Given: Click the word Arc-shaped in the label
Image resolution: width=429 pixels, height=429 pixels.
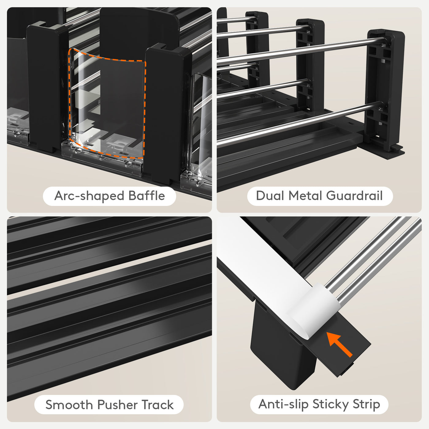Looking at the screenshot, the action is [89, 196].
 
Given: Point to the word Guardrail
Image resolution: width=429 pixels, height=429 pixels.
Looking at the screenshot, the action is [355, 196].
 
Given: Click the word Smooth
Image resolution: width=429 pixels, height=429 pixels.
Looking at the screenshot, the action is [69, 404].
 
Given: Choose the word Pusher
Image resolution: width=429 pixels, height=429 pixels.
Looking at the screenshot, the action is [117, 404].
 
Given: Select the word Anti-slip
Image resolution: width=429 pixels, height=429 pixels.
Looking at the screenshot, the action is [283, 404].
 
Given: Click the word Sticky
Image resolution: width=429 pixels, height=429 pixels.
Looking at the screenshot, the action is [331, 404].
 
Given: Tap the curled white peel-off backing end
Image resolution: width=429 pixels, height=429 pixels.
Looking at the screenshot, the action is [316, 312].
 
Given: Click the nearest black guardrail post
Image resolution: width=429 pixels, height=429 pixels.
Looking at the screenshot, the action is [385, 89].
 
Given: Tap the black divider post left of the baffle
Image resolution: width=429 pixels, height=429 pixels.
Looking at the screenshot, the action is [47, 87].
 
